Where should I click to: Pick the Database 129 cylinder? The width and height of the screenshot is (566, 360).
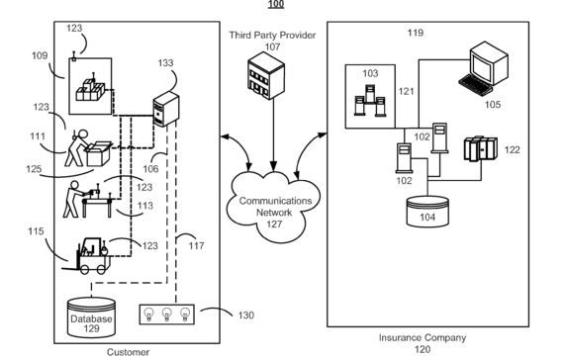[91, 315]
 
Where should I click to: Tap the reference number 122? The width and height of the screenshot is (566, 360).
[512, 150]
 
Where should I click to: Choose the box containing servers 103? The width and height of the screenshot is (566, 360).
[370, 97]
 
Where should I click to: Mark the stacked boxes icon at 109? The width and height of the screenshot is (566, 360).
[94, 92]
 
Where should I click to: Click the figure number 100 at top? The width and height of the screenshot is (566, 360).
[276, 5]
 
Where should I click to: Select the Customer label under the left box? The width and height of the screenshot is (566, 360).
[129, 351]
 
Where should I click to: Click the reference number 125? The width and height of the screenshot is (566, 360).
[33, 169]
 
